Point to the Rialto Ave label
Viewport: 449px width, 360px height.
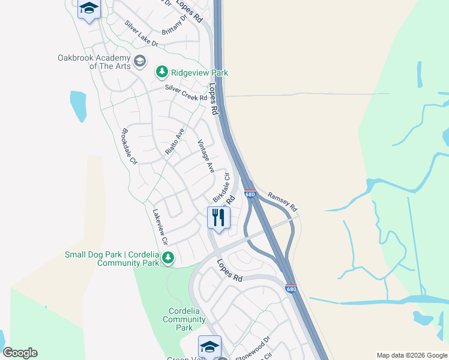coord(174,142)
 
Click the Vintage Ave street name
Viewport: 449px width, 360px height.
coord(206,157)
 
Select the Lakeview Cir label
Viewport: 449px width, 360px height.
coord(161,226)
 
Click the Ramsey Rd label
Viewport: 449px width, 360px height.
coord(282,200)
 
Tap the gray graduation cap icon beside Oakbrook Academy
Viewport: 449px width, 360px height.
coord(140,61)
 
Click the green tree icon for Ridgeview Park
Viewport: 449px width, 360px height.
coord(161,73)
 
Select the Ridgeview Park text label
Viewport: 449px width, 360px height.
coord(199,73)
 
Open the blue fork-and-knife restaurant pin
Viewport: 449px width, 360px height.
coord(218,218)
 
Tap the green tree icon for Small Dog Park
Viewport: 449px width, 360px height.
coord(168,258)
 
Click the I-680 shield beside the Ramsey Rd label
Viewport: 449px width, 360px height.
coord(250,194)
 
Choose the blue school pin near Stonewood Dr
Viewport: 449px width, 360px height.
coord(209,347)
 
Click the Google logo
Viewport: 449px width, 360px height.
coord(20,353)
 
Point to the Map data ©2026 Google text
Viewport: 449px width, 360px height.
coord(412,355)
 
